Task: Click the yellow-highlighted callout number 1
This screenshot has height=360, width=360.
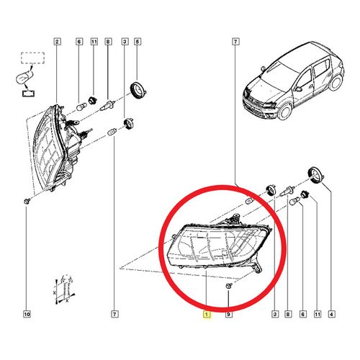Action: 207,315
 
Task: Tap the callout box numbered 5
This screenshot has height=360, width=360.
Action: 138,42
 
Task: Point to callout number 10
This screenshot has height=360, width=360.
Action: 27,315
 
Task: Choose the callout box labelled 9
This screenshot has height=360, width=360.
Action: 228,315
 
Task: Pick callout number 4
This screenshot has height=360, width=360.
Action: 330,315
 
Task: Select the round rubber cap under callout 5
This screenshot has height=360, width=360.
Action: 136,91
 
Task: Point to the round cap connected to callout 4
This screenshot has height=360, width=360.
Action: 315,174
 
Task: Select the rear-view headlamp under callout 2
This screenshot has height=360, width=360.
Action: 58,151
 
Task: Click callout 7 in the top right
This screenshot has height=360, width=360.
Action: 235,42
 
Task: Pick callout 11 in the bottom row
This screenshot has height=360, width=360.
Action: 315,315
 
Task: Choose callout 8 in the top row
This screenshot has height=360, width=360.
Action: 108,42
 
